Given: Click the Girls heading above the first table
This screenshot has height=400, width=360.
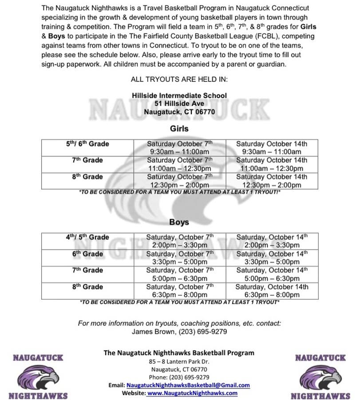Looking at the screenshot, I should point(179,128).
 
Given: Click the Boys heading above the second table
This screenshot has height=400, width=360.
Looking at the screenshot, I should point(179,222).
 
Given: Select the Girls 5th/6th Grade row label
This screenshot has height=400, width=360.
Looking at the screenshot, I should point(87,144).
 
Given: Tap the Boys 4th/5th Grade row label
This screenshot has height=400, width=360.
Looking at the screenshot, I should point(87,237).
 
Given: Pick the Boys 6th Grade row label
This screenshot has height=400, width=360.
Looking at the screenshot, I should point(87,254).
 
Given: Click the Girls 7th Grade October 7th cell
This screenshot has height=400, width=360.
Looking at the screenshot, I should point(180,164).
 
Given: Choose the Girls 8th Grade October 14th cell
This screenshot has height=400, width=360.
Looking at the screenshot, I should point(271,180).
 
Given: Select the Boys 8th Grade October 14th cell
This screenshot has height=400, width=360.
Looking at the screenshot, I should point(271,291).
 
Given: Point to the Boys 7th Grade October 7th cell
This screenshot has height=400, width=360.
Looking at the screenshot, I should point(180,274).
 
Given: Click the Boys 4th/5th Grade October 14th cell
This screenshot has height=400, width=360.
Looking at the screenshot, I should point(271,241).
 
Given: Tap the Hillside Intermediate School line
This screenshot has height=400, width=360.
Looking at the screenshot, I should point(179,96).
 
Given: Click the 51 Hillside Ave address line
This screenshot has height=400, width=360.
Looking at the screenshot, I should point(179,104).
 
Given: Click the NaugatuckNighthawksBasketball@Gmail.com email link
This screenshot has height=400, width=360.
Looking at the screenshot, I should point(188,385).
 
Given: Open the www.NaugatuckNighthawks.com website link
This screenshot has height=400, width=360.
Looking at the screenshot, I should point(192,393).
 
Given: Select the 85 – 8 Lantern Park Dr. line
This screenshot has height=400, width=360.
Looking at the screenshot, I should point(179,361).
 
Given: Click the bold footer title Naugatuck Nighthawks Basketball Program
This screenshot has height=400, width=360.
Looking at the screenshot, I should point(179,353).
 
